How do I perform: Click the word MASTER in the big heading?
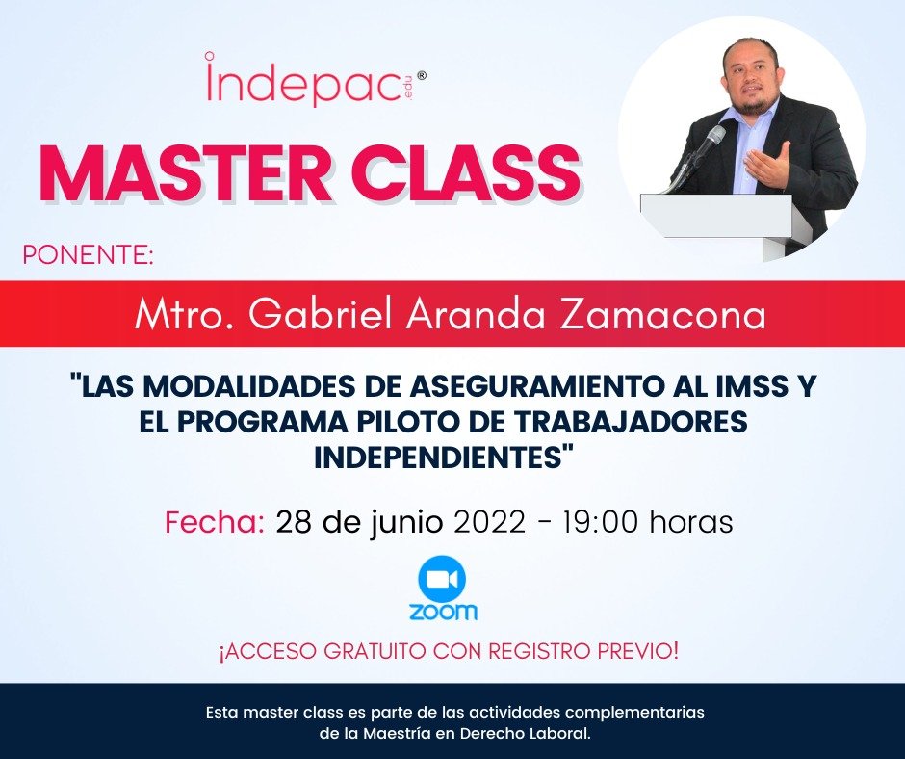point(182,174)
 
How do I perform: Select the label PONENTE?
point(88,255)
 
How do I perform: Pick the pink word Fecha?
point(214,522)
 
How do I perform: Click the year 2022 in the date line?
point(489,522)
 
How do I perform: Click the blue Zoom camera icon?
point(442,579)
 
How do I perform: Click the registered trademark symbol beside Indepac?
point(419,83)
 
